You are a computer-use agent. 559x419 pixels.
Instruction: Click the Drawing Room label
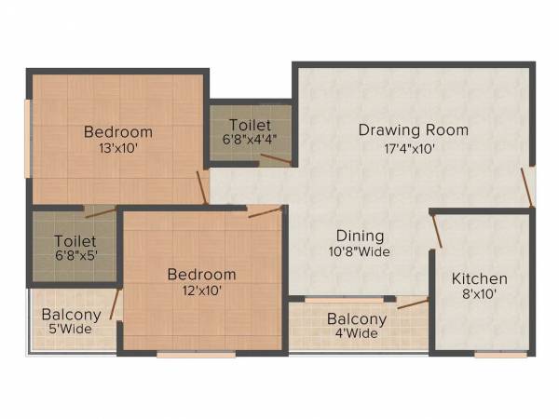tap(413, 129)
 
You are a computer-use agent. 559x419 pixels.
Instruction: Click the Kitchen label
tap(480, 278)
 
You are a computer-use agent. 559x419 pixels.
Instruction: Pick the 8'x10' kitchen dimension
tap(480, 295)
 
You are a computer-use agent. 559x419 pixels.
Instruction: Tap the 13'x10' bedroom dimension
tap(117, 148)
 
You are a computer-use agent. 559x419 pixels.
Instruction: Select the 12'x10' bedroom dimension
tap(201, 291)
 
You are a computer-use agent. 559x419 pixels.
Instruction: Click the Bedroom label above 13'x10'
tap(117, 131)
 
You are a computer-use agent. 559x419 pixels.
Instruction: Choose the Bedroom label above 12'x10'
tap(201, 274)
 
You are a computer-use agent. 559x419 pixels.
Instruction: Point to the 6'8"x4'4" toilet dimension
tap(250, 140)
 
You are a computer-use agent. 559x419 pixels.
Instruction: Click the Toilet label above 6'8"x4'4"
tap(250, 125)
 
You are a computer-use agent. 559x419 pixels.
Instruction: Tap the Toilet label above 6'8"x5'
tap(74, 240)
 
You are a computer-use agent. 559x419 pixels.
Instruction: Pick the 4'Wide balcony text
tap(356, 333)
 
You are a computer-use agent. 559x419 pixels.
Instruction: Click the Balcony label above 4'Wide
tap(356, 318)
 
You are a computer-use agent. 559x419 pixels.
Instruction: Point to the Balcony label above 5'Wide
tap(71, 314)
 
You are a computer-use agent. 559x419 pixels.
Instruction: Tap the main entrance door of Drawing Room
tap(528, 187)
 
